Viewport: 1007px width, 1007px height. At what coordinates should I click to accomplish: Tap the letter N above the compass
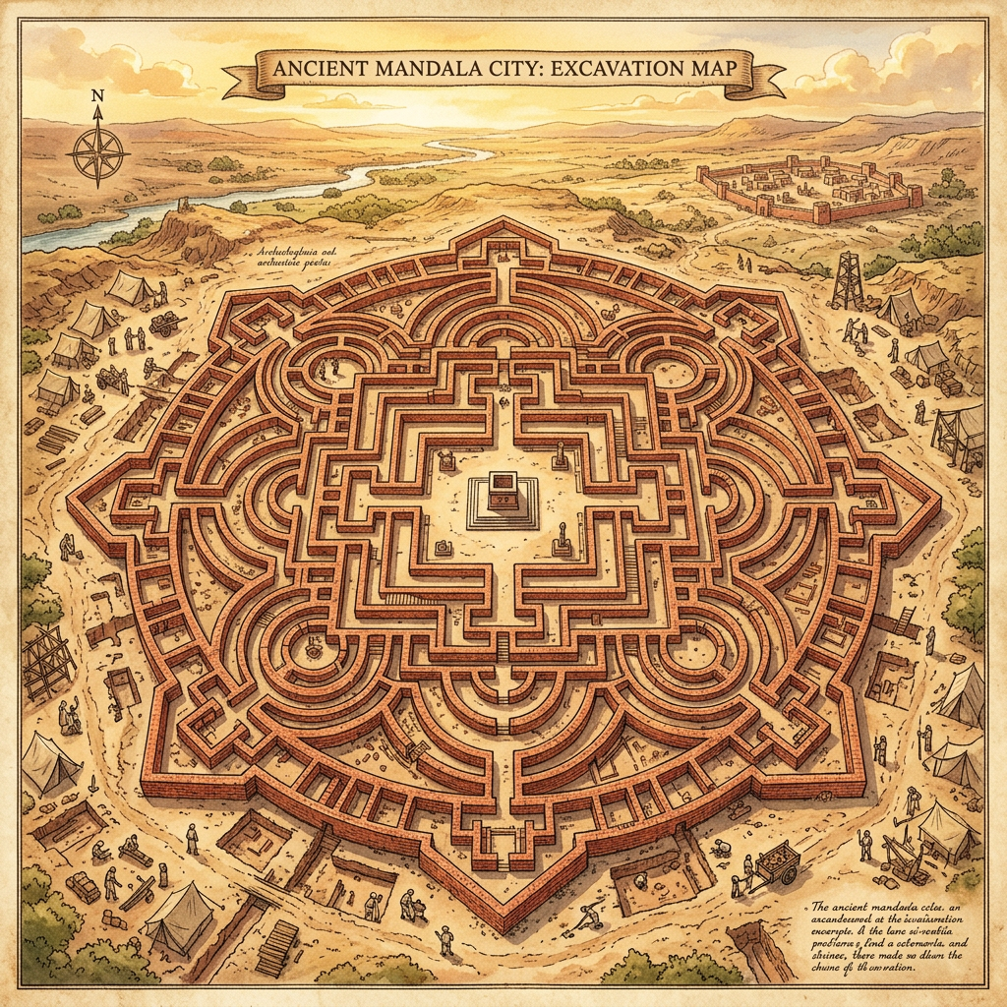point(96,96)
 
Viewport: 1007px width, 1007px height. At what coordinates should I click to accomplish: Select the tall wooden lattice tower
point(846,280)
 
